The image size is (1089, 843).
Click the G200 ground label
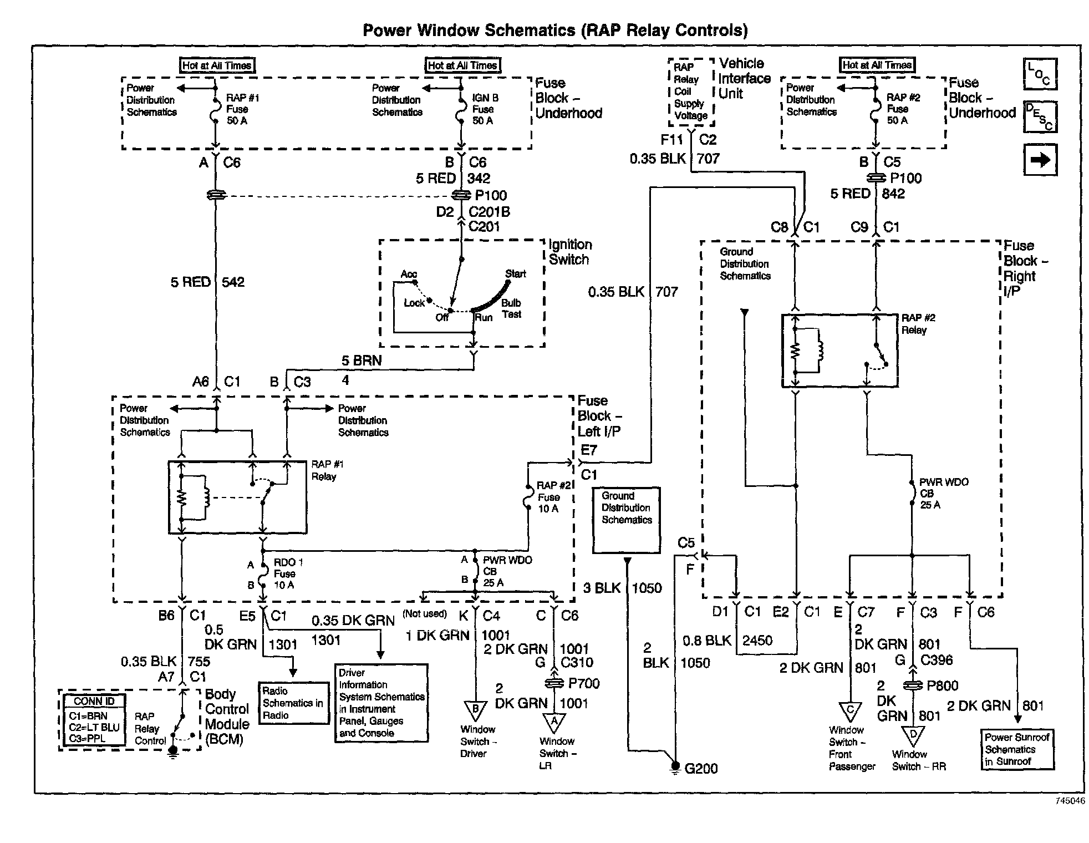tap(701, 769)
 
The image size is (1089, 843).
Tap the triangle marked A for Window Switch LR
tap(554, 722)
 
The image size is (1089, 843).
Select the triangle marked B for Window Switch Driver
tap(475, 710)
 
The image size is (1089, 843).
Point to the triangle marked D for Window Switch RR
tap(912, 735)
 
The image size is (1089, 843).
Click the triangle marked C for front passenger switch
tap(849, 712)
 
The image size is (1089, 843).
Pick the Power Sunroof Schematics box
tap(1017, 749)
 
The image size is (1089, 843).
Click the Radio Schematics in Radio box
tap(294, 703)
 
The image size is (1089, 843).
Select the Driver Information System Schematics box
tap(381, 703)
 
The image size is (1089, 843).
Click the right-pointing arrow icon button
tap(1040, 160)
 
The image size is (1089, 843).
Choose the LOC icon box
tap(1040, 74)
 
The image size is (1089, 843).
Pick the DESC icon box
tap(1040, 116)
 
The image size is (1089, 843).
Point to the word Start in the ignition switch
tap(515, 273)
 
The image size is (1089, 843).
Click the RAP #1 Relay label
tap(327, 470)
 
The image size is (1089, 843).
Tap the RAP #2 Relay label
tap(918, 324)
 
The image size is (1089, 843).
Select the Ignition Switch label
tap(570, 252)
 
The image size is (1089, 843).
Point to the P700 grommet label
tap(584, 683)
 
